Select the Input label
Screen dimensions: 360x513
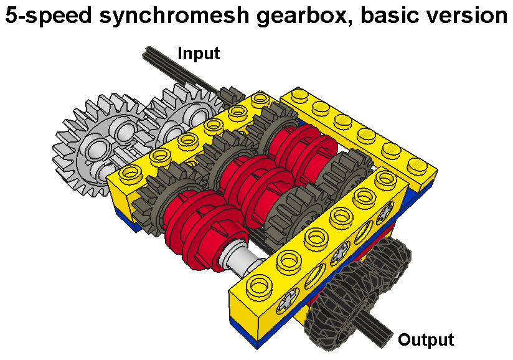199,54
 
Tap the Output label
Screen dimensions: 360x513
426,340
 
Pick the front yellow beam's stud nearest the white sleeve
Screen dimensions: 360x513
256,287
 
